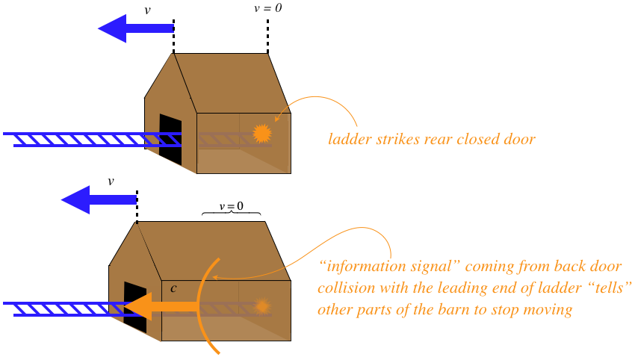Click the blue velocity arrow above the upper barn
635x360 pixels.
(134, 28)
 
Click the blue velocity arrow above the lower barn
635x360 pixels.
(98, 199)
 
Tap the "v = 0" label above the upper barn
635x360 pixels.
(268, 9)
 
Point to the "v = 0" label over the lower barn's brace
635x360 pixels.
(232, 206)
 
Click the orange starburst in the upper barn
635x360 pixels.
(261, 133)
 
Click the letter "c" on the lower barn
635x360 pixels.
(173, 288)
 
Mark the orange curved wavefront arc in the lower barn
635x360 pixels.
(202, 299)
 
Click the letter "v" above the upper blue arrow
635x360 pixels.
(146, 10)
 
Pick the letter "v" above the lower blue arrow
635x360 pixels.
(111, 181)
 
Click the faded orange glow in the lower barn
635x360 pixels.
(261, 306)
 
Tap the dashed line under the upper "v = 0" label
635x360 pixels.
(267, 34)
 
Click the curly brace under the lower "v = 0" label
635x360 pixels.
(232, 217)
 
